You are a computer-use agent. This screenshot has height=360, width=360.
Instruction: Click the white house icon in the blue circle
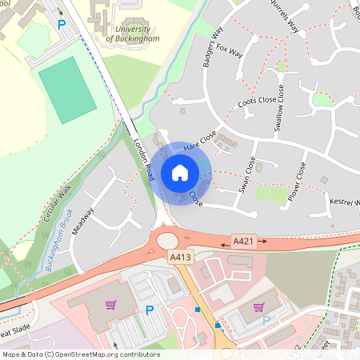click(180, 172)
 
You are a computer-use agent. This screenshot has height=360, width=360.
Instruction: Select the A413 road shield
click(180, 258)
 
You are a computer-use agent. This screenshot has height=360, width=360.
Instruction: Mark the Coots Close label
click(257, 102)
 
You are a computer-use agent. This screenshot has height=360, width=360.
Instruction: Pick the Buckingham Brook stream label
click(60, 245)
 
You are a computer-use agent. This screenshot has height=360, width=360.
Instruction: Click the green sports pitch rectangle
click(67, 89)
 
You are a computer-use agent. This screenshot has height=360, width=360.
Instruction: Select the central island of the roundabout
click(168, 240)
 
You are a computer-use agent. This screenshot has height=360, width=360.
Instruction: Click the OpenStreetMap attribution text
click(80, 354)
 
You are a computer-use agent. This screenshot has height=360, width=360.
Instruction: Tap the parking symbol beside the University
click(62, 25)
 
